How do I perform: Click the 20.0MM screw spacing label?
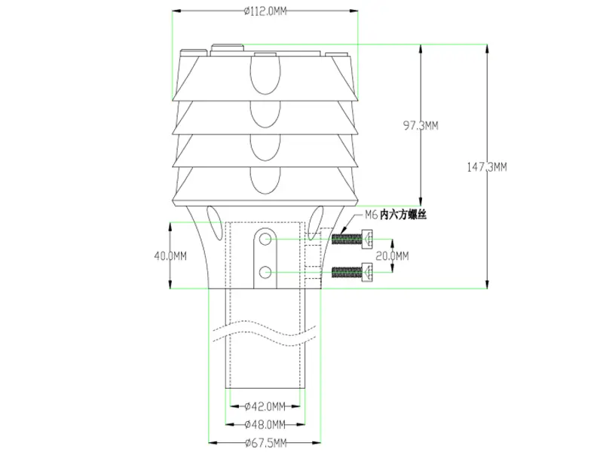pyautogui.click(x=392, y=255)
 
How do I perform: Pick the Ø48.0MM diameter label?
pyautogui.click(x=265, y=425)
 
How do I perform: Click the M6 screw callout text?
pyautogui.click(x=370, y=215)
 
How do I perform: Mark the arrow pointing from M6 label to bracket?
pyautogui.click(x=343, y=226)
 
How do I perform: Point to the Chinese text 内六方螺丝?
pyautogui.click(x=404, y=215)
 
